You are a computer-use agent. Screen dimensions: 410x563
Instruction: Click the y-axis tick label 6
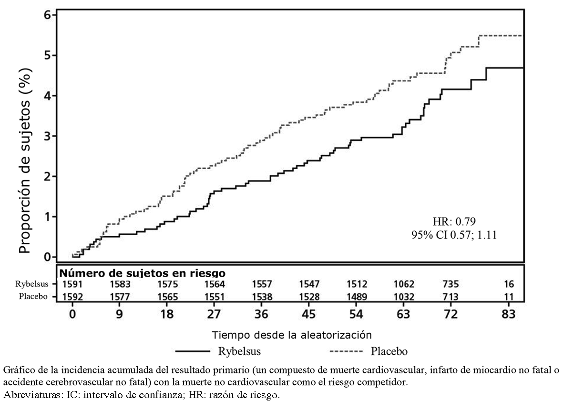[x=47, y=15]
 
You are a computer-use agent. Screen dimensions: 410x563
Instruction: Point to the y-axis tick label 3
[x=47, y=136]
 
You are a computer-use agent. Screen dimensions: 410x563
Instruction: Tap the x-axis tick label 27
[x=214, y=314]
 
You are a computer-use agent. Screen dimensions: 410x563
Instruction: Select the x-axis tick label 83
[x=509, y=314]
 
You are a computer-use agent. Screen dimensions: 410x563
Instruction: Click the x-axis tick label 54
[x=356, y=314]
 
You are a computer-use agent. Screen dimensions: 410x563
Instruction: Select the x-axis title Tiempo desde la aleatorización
[x=292, y=334]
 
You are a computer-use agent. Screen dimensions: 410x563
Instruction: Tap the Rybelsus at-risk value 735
[x=450, y=284]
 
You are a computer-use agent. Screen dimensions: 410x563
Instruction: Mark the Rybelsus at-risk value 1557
[x=262, y=284]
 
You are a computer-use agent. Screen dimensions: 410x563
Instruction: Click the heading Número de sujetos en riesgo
[x=142, y=273]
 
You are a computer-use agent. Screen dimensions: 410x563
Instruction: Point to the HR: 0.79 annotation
[x=454, y=221]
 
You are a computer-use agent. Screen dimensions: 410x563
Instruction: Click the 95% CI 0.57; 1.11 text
[x=454, y=234]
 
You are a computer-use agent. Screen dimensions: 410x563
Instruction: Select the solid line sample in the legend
[x=193, y=352]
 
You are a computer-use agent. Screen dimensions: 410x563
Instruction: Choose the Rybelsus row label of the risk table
[x=33, y=284]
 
